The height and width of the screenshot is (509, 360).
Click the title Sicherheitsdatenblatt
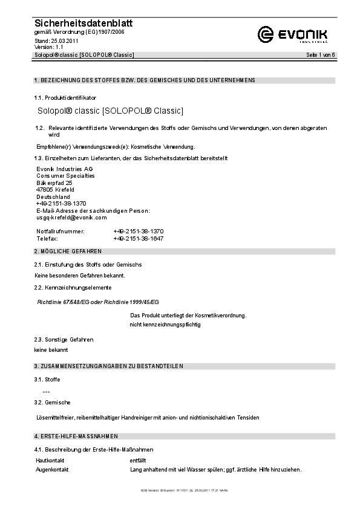click(83, 23)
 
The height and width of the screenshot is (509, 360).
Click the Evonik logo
click(293, 34)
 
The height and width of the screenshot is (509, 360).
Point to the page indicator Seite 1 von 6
click(321, 55)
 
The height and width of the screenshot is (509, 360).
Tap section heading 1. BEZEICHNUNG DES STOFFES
click(145, 80)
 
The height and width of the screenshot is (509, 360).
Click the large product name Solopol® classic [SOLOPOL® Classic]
click(110, 111)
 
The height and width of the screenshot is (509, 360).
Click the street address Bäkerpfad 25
click(54, 183)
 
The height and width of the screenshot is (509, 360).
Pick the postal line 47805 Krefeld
click(56, 190)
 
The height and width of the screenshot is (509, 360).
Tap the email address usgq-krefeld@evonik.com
click(71, 218)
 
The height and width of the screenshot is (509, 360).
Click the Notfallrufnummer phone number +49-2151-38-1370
click(138, 232)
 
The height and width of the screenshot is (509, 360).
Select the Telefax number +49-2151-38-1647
click(138, 239)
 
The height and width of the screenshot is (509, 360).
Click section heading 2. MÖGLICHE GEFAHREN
click(68, 251)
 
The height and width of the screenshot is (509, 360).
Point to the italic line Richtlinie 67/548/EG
click(99, 301)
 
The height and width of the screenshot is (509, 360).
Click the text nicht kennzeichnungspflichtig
click(165, 325)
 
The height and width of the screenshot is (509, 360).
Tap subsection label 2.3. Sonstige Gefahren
click(64, 340)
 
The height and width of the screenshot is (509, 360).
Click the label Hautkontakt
click(50, 461)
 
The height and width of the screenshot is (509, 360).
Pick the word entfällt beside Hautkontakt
click(138, 461)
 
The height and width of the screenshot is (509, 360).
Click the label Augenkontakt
click(52, 470)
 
